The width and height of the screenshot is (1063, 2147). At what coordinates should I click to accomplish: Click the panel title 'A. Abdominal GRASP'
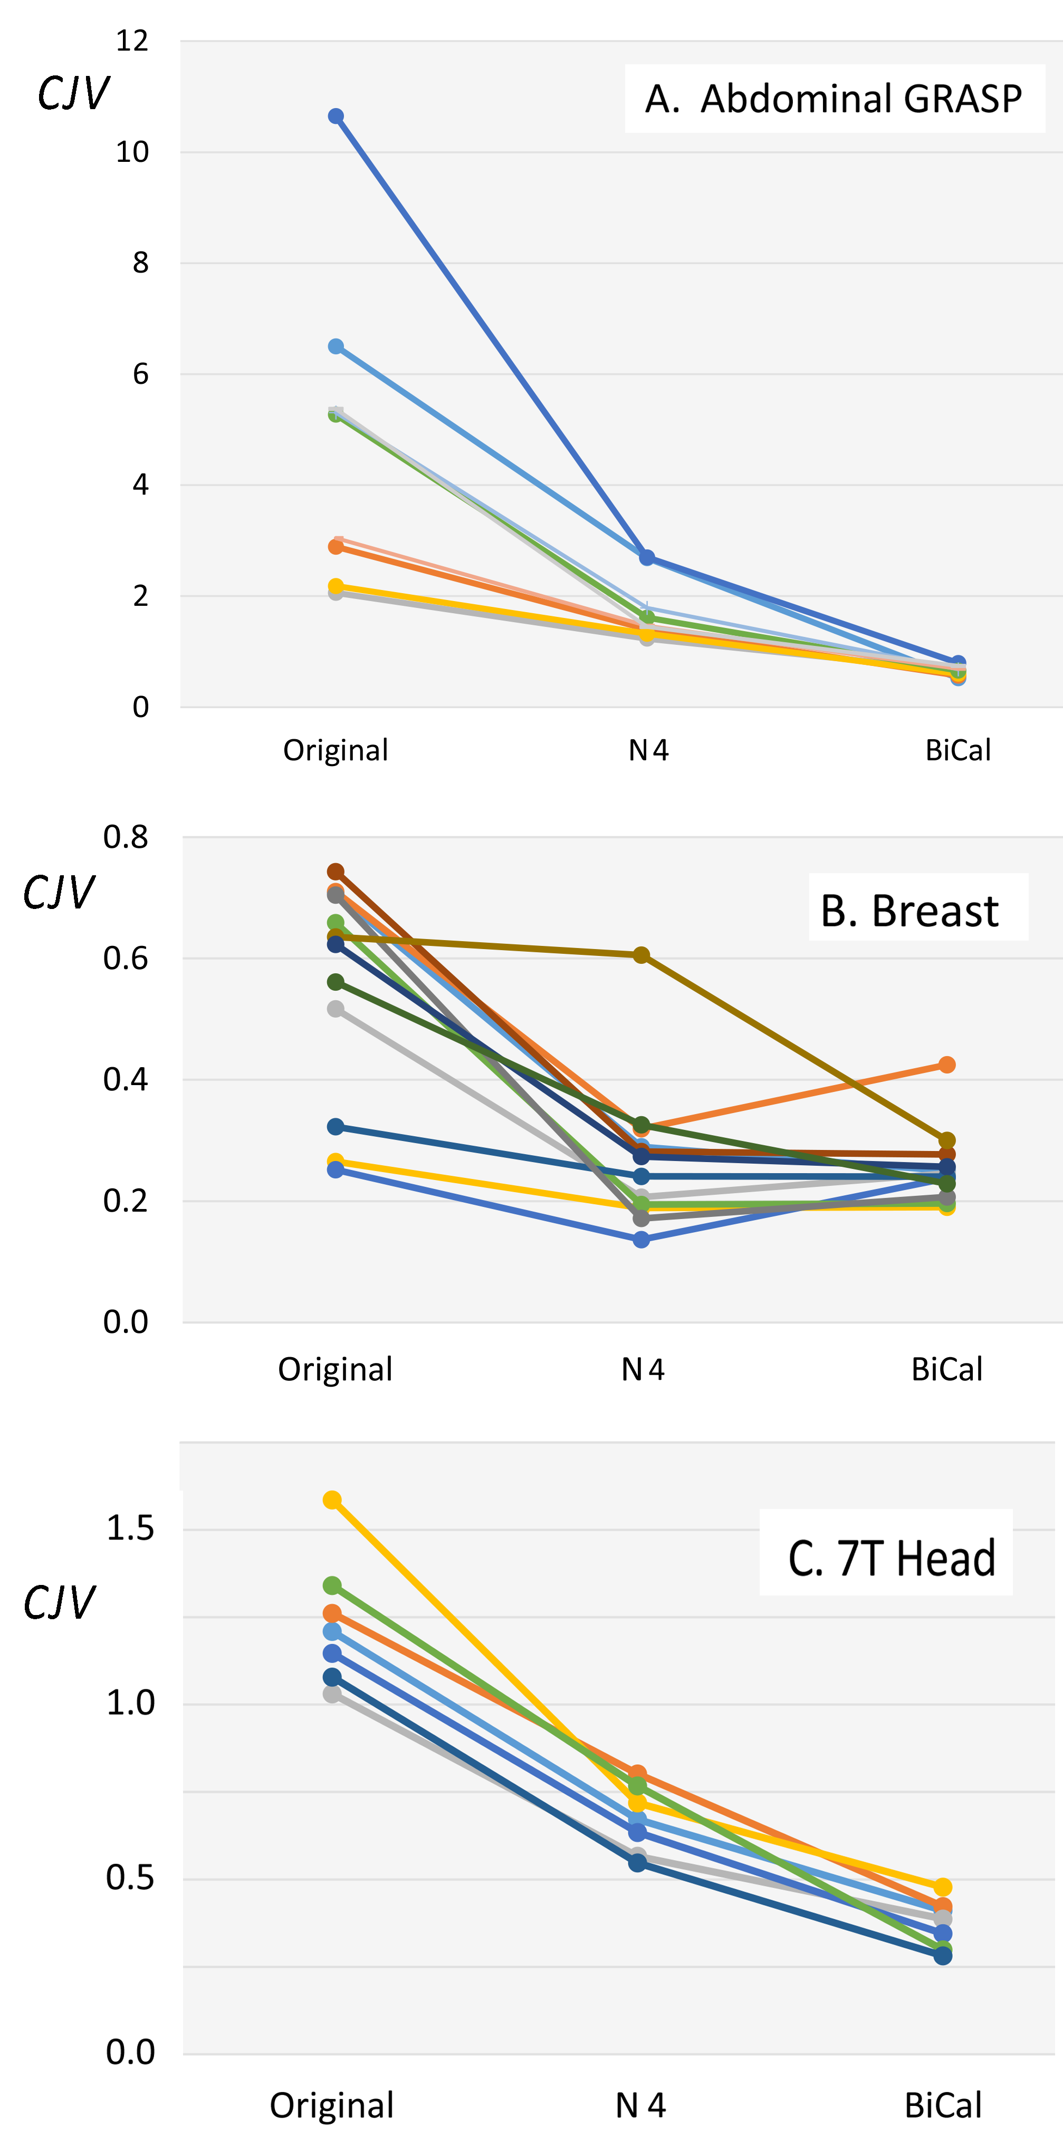[x=834, y=99]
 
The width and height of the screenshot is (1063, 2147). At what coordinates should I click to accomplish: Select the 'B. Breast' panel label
[x=909, y=910]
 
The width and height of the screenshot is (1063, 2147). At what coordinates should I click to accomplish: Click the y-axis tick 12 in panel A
[x=132, y=40]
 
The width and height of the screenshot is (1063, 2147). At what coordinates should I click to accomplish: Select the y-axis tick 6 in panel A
[x=140, y=373]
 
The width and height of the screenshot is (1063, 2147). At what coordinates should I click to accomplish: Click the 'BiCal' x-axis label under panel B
[x=946, y=1369]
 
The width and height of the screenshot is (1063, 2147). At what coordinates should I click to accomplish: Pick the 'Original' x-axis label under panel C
[x=331, y=2105]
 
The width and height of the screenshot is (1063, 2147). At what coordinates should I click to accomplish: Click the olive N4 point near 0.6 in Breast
[x=641, y=955]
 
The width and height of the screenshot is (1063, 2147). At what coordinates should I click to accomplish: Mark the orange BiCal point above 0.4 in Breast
[x=946, y=1065]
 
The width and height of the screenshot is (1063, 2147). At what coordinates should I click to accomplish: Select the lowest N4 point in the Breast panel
[x=641, y=1240]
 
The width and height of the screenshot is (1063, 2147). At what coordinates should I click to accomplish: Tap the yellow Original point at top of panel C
[x=332, y=1500]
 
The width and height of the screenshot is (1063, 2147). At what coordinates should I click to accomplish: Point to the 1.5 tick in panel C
[x=130, y=1529]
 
